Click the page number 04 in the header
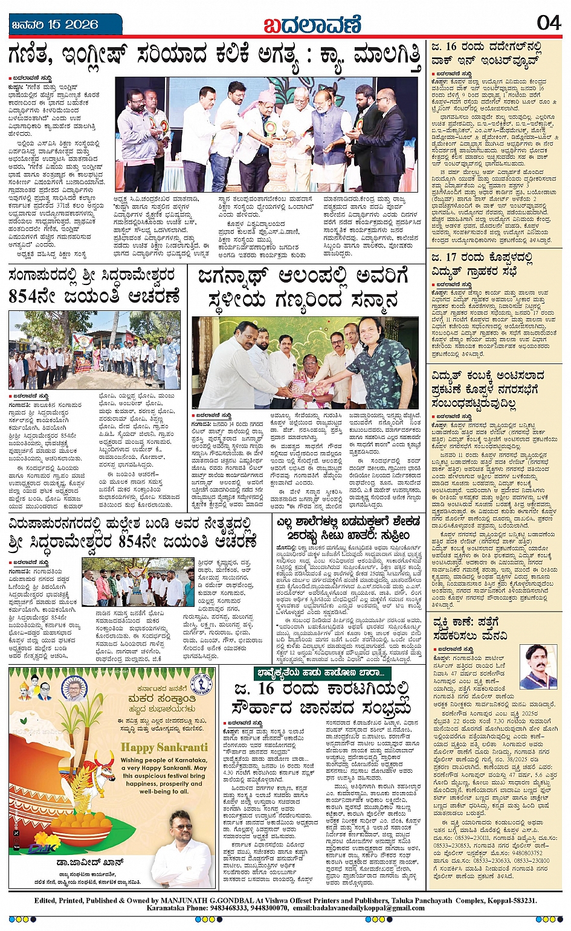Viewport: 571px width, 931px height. point(549,23)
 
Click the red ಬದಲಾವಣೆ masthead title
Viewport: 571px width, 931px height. point(312,25)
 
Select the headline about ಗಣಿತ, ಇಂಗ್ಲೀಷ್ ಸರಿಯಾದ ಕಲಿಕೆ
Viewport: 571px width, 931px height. point(215,57)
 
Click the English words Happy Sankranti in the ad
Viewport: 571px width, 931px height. point(164,747)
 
